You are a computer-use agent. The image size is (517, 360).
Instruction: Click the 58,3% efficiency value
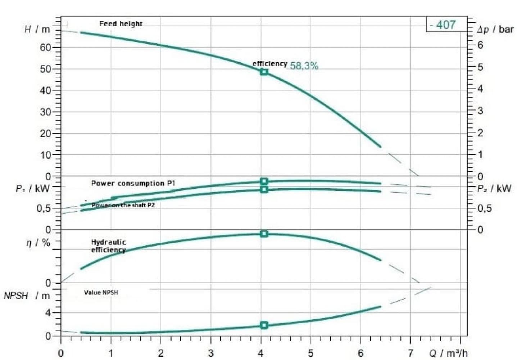click(x=304, y=66)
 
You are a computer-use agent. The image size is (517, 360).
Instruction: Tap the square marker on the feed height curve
click(x=264, y=72)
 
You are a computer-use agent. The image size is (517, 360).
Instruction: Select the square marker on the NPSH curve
click(x=264, y=325)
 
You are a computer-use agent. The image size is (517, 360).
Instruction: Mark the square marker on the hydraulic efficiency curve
click(x=264, y=234)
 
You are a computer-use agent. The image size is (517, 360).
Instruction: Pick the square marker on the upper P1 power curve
click(x=264, y=181)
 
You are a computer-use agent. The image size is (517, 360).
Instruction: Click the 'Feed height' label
click(x=121, y=24)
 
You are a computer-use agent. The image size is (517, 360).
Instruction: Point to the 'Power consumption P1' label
click(x=133, y=183)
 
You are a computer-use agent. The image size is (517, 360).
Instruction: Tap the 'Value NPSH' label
click(x=101, y=292)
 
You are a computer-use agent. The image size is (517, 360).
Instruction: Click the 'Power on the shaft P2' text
click(x=123, y=205)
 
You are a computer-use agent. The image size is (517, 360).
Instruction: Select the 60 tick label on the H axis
click(x=45, y=48)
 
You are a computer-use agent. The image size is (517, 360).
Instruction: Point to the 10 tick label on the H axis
click(x=45, y=155)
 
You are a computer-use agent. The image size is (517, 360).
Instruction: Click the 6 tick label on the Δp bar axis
click(x=480, y=45)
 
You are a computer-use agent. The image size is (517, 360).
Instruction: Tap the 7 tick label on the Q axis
click(x=411, y=353)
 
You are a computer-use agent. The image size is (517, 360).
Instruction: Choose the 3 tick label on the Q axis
click(x=211, y=353)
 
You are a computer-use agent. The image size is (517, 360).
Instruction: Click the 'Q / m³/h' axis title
click(x=449, y=353)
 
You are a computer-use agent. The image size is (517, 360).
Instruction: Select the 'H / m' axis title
click(x=37, y=29)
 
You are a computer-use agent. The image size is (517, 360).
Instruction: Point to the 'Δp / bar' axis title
click(x=495, y=30)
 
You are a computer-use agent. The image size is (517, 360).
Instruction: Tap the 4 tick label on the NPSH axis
click(x=48, y=312)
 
